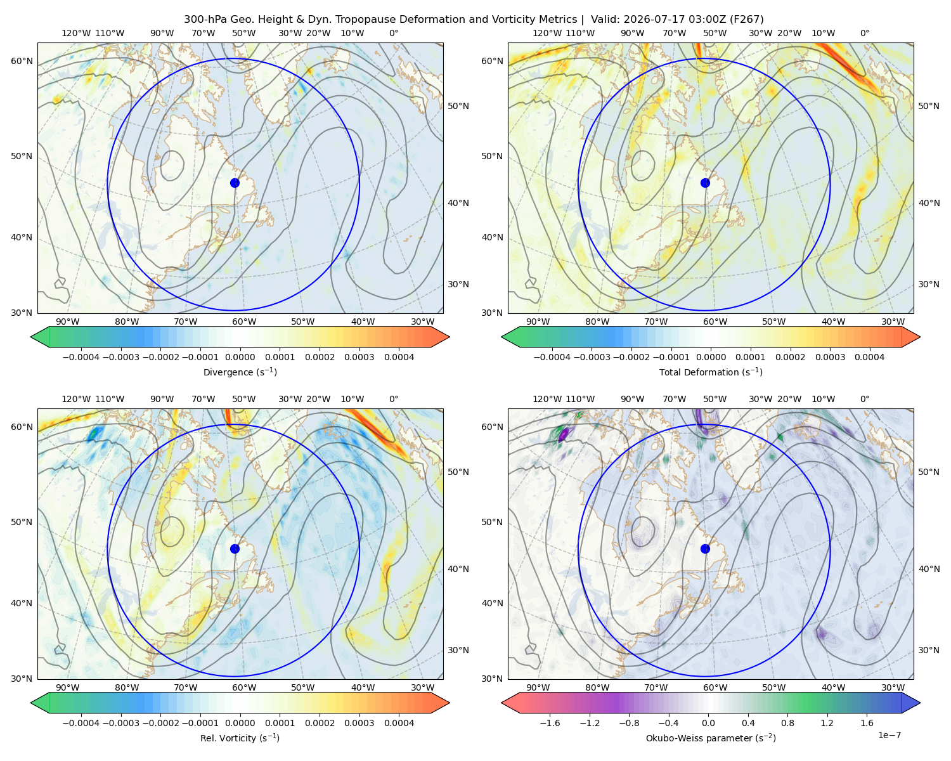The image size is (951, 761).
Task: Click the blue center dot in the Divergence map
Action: point(235,183)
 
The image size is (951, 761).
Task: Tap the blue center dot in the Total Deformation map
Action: point(705,183)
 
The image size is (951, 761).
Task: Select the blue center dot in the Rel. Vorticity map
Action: point(235,549)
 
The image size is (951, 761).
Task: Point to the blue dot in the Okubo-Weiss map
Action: point(705,549)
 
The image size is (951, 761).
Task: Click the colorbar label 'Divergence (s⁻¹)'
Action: point(240,372)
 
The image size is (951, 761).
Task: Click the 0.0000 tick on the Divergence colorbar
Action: point(240,357)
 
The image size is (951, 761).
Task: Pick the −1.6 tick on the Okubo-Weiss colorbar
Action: point(550,723)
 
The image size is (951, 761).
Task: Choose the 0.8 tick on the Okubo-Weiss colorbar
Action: point(787,723)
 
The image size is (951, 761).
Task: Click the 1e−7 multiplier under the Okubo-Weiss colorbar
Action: point(889,736)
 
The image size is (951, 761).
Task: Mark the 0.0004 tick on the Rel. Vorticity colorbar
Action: point(399,723)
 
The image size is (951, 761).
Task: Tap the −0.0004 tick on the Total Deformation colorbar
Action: point(552,357)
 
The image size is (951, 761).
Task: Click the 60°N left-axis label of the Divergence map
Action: point(22,61)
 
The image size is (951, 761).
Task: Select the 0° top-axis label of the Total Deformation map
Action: point(865,33)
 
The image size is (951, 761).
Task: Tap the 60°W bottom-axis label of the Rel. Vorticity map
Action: point(244,687)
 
